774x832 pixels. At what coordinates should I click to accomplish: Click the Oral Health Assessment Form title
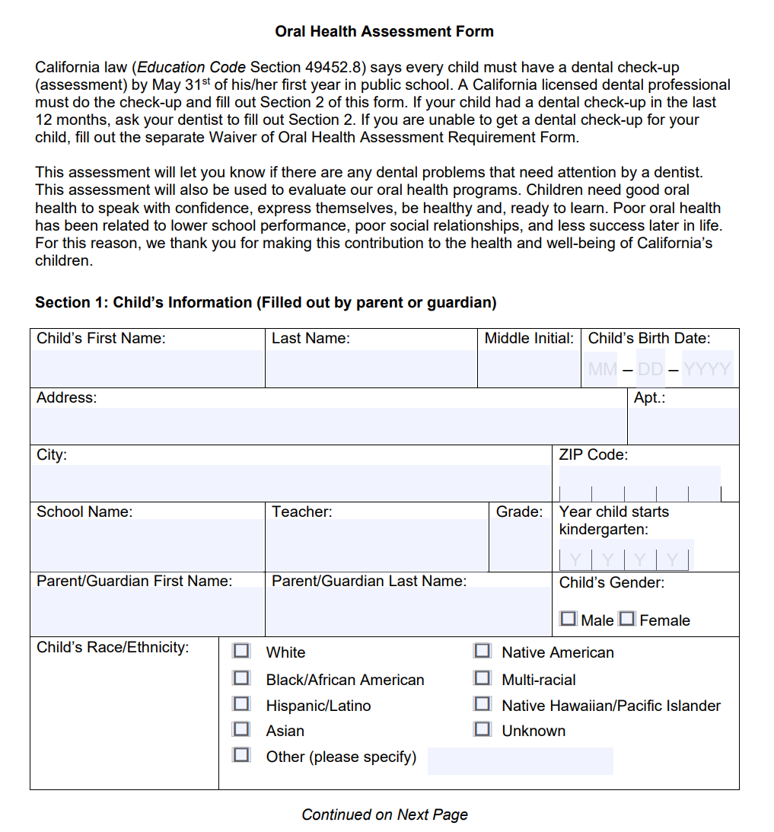point(384,31)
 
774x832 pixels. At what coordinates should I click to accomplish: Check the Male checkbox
point(568,619)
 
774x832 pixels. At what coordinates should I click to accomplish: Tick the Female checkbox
point(627,619)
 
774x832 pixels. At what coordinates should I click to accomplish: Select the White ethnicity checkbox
point(241,651)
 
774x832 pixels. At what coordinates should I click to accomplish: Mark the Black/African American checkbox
point(241,677)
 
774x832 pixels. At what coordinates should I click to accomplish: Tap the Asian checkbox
point(241,729)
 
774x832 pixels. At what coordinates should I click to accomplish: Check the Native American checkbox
point(482,651)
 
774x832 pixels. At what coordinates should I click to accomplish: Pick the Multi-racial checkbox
point(482,677)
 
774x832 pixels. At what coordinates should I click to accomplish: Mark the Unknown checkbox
point(482,729)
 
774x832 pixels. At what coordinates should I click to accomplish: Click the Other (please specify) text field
point(520,760)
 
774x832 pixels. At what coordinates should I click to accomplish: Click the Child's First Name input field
point(147,368)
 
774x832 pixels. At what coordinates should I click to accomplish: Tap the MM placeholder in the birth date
point(603,370)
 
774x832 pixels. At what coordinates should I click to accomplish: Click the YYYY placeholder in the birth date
point(707,370)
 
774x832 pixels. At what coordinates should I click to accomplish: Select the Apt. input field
point(683,426)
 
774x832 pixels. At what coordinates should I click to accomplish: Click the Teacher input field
point(376,545)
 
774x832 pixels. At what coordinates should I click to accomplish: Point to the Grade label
point(519,512)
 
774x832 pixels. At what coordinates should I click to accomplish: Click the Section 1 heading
point(266,302)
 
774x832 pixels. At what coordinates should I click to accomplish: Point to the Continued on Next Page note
point(384,814)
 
